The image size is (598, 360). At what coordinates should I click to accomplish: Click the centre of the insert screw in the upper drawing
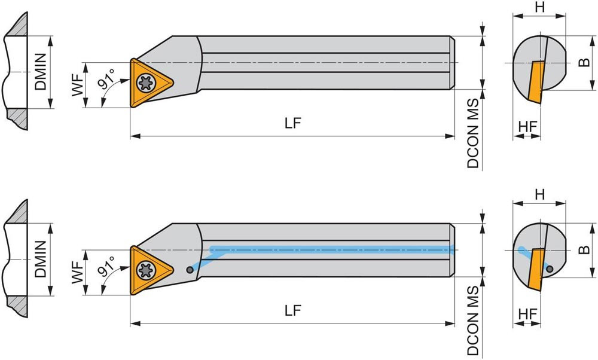click(x=146, y=83)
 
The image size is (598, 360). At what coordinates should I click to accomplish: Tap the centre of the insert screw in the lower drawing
click(x=146, y=270)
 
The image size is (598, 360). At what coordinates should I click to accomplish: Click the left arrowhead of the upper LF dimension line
click(x=135, y=135)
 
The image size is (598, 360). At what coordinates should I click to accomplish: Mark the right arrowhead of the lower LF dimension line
click(x=450, y=324)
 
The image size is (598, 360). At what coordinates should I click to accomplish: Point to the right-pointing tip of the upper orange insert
click(x=173, y=81)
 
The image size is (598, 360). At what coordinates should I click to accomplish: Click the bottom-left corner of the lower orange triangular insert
click(x=132, y=294)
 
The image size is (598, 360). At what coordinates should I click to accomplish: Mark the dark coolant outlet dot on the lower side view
click(x=190, y=270)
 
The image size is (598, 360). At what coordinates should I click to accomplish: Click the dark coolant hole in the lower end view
click(x=549, y=269)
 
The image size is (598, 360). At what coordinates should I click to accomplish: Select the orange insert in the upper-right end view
click(x=536, y=82)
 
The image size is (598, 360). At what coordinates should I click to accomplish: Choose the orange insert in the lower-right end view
click(x=536, y=270)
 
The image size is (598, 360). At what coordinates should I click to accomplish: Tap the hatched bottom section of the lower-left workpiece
click(x=17, y=306)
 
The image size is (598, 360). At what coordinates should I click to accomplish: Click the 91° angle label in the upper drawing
click(x=107, y=79)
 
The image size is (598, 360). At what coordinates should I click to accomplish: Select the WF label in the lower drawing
click(x=78, y=272)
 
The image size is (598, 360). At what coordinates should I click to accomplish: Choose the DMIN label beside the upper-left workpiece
click(x=41, y=72)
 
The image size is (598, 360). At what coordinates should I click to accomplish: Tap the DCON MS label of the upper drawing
click(x=473, y=133)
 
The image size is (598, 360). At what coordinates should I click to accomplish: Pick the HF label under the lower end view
click(x=528, y=314)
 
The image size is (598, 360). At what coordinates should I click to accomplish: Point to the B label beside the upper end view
click(x=584, y=62)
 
